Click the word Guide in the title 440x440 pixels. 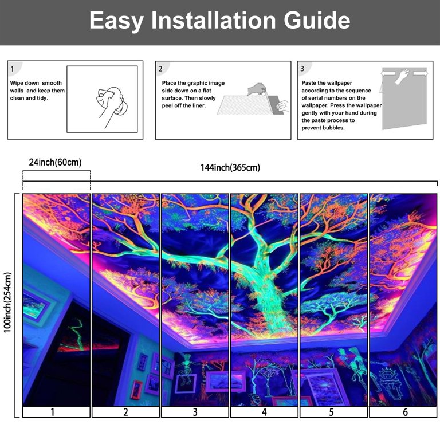[317, 20]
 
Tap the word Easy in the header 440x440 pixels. [117, 21]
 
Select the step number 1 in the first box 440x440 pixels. [12, 69]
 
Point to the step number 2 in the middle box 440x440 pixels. [160, 69]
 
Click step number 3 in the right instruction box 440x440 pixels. [302, 69]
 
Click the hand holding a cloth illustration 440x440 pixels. [111, 105]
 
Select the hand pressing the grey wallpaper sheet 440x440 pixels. [402, 76]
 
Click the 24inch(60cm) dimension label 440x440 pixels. [55, 162]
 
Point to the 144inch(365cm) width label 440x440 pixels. [230, 167]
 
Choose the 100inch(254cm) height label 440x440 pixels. [7, 302]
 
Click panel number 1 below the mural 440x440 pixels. [53, 412]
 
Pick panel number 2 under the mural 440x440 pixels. [125, 412]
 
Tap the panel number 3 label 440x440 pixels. [195, 412]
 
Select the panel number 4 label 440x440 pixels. [264, 412]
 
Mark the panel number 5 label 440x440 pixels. [331, 412]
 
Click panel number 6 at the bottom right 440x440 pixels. [405, 412]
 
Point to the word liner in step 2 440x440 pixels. [199, 105]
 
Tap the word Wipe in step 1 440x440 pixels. [17, 83]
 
